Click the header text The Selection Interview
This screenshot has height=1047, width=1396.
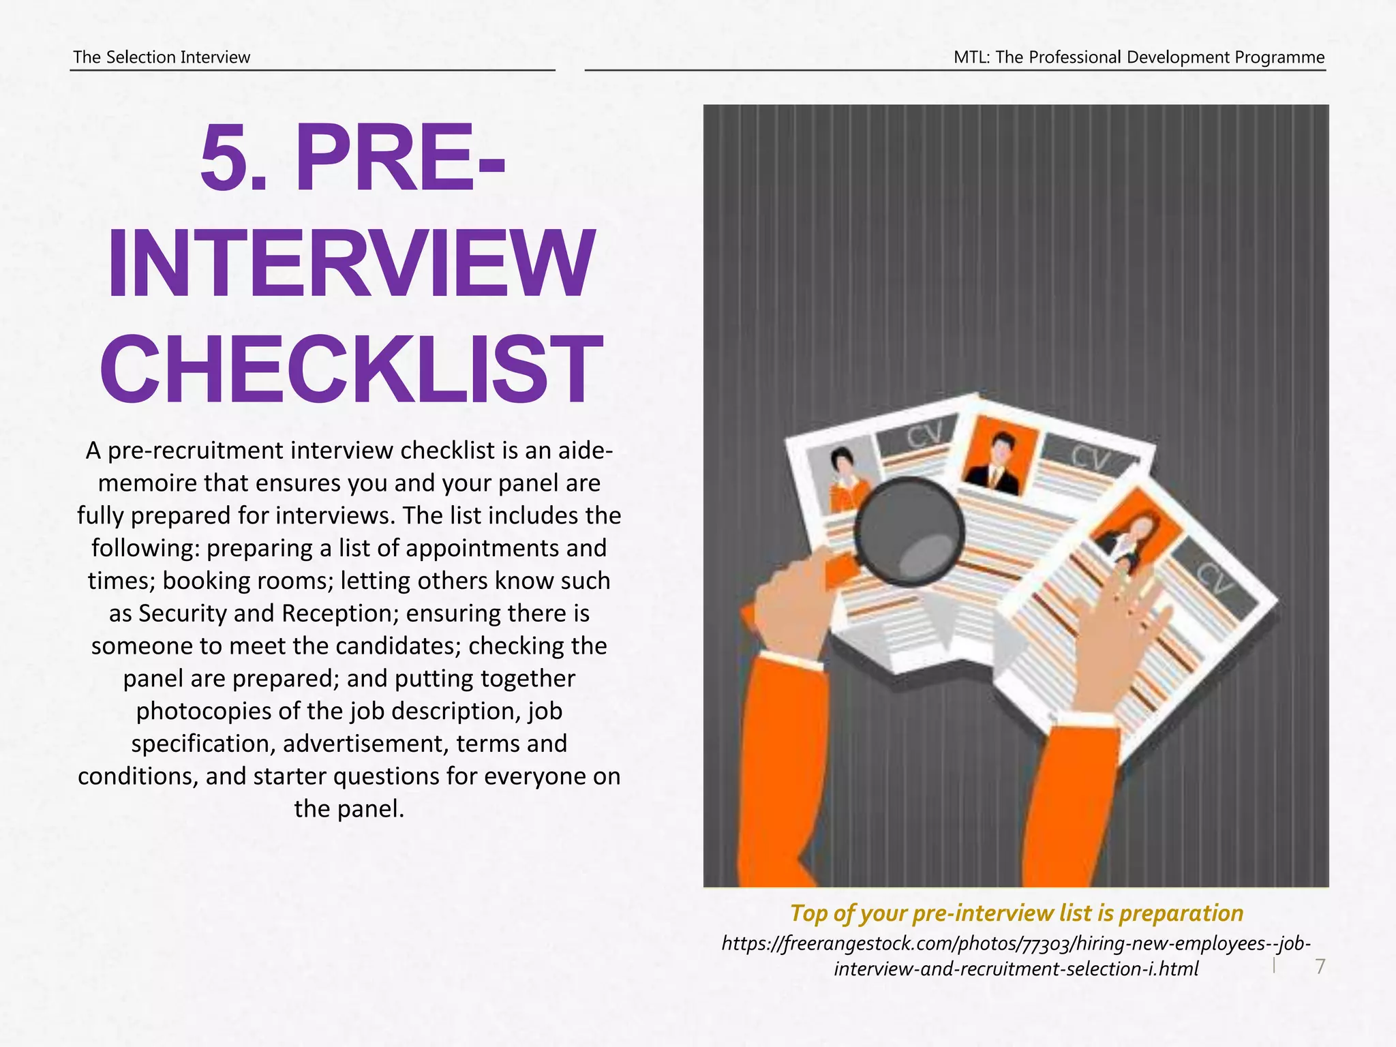162,57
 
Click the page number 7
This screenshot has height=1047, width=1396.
1320,966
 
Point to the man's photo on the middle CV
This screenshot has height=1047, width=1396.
998,457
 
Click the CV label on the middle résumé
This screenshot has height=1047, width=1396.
1089,458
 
